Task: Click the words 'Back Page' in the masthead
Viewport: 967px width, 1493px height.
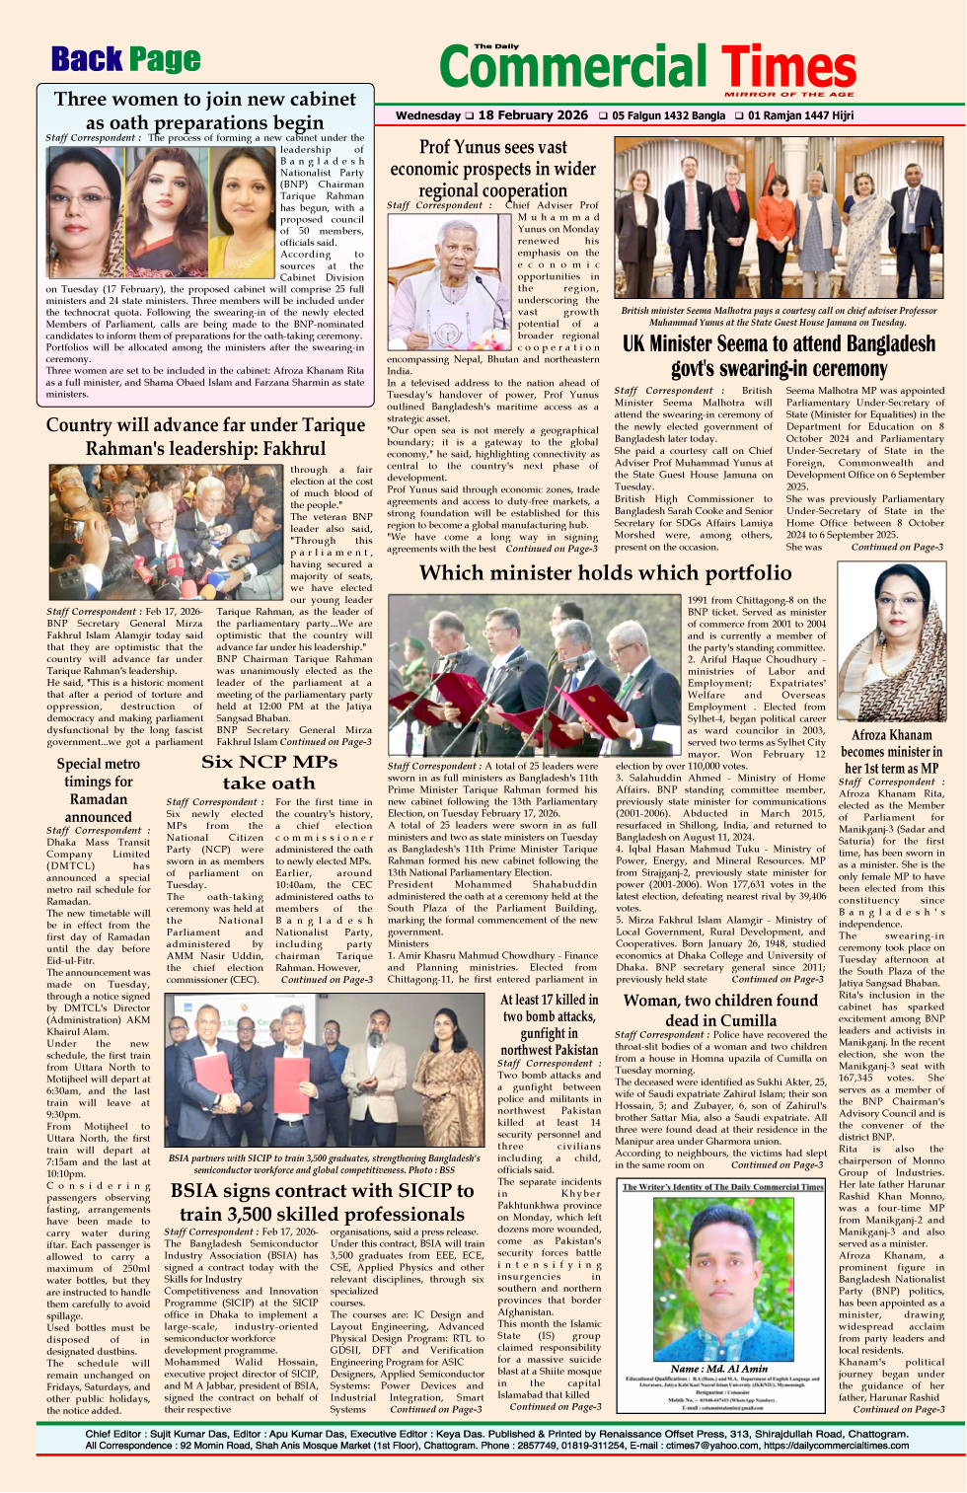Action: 125,60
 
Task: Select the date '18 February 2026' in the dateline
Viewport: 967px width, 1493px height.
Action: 533,115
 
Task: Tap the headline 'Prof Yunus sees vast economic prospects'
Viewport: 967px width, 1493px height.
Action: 492,169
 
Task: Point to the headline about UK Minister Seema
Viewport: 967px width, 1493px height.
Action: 779,355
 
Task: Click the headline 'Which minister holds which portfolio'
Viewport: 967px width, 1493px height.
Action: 605,573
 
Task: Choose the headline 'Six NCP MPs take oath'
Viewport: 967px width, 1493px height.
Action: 268,772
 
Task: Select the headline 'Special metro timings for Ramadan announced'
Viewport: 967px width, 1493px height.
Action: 98,789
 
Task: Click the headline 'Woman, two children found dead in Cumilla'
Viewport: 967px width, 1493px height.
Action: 720,1010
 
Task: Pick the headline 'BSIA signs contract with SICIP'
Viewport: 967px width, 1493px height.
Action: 323,1202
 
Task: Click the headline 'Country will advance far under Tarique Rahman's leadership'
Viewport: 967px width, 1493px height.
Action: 205,436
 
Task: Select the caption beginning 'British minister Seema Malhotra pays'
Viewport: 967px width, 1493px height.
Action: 779,316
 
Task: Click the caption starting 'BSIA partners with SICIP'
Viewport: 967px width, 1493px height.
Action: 325,1162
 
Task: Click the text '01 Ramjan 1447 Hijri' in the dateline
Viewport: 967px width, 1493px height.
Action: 799,115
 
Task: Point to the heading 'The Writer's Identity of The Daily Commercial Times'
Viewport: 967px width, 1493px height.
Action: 722,1187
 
